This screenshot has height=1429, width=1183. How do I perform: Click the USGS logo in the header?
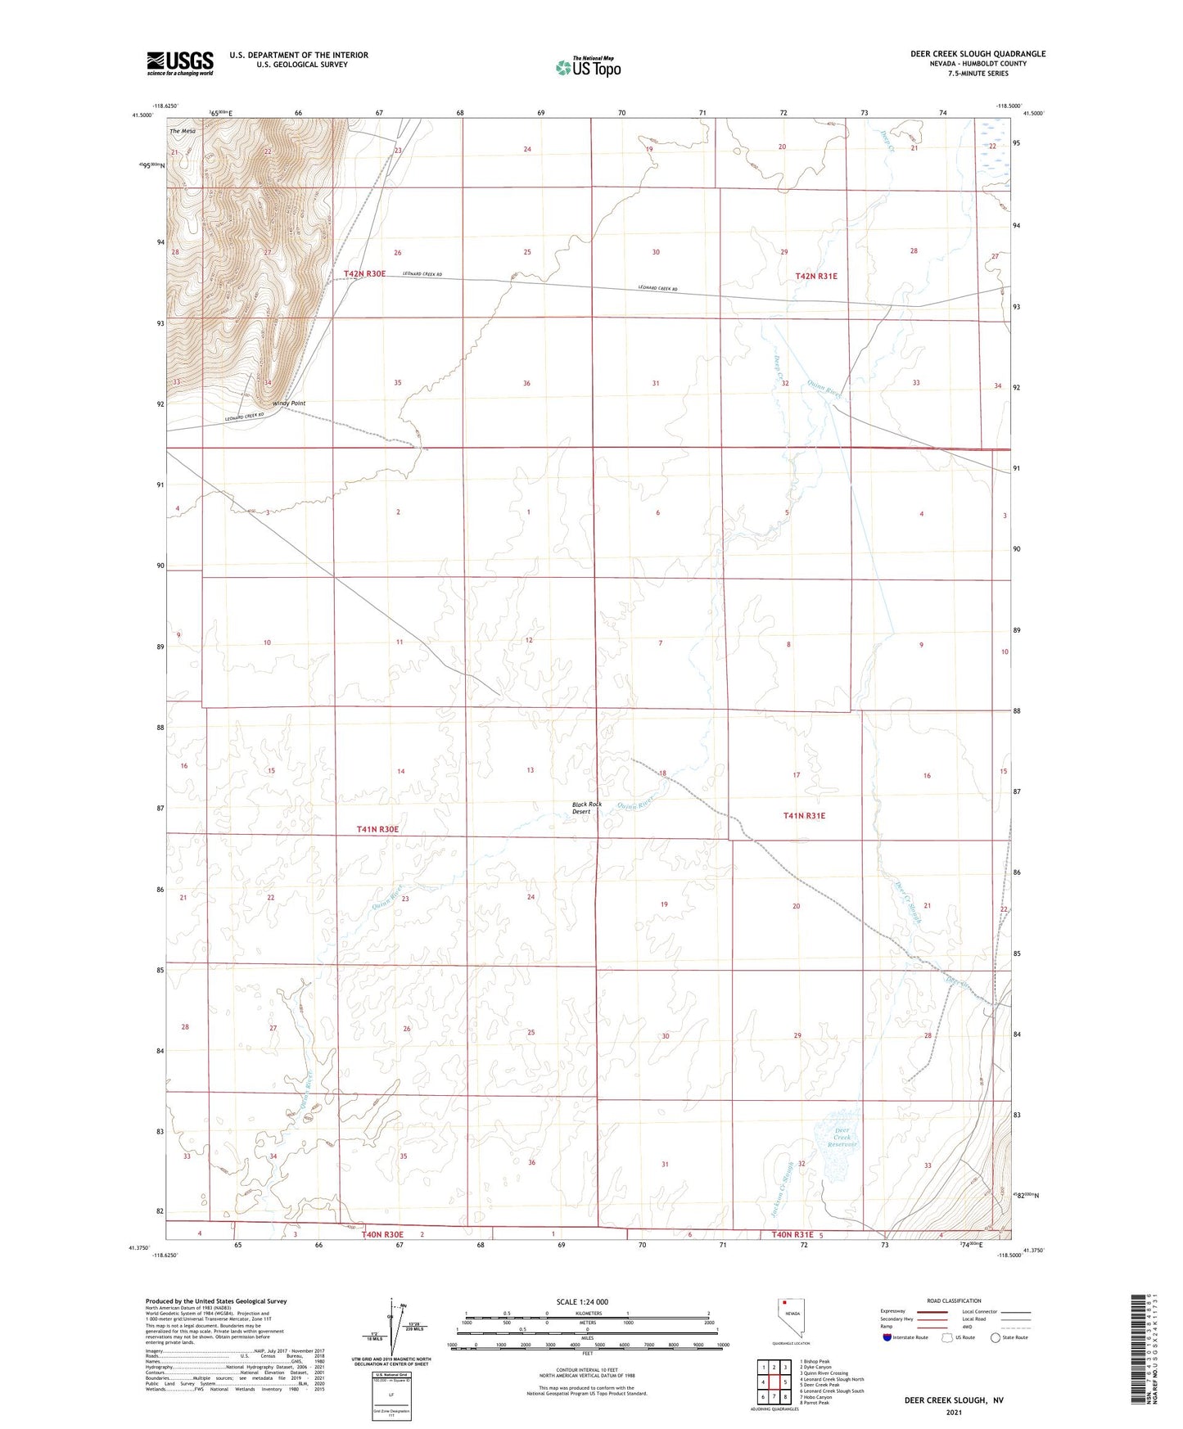click(179, 63)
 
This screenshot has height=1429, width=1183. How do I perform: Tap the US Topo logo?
click(587, 67)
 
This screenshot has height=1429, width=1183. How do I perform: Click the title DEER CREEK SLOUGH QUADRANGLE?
click(978, 54)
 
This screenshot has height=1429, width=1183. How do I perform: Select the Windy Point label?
click(288, 403)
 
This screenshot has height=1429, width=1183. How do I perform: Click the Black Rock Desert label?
click(587, 808)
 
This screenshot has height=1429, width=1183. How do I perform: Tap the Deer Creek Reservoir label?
click(843, 1138)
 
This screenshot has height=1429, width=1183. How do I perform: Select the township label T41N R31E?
click(804, 816)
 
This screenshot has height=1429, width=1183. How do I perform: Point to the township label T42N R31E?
click(816, 277)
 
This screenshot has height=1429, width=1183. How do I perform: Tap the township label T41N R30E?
click(377, 829)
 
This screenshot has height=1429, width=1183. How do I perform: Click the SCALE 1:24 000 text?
click(581, 1302)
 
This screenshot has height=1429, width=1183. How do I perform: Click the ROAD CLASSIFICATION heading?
click(954, 1301)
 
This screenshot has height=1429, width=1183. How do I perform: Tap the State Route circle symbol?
click(996, 1337)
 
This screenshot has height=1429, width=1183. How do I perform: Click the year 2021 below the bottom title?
click(953, 1412)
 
